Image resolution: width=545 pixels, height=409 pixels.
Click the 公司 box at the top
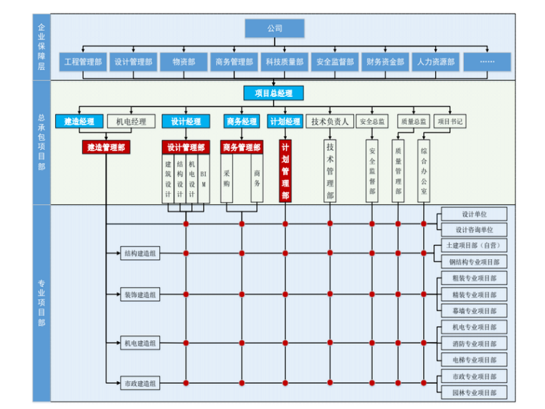[275, 28]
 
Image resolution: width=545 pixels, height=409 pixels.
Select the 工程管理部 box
[83, 62]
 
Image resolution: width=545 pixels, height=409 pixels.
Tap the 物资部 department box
[184, 62]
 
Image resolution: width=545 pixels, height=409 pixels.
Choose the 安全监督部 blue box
[335, 62]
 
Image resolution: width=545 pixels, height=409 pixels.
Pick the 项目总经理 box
[273, 93]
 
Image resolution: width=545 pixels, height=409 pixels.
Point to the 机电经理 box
[131, 121]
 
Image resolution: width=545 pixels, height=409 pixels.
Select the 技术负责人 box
[330, 121]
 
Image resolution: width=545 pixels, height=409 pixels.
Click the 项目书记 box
[451, 121]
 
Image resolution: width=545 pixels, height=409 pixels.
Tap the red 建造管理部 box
[105, 147]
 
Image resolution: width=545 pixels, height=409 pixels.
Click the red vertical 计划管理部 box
[285, 171]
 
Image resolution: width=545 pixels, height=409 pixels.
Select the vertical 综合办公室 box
[425, 171]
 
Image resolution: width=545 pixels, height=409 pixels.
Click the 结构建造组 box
[141, 253]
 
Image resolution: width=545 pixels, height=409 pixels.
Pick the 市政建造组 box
[141, 383]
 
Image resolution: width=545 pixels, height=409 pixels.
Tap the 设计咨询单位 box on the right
[474, 230]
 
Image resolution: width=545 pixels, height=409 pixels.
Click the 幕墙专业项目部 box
[474, 311]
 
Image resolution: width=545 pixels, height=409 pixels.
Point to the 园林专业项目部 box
[474, 392]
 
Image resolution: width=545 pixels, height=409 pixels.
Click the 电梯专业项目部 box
[474, 359]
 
